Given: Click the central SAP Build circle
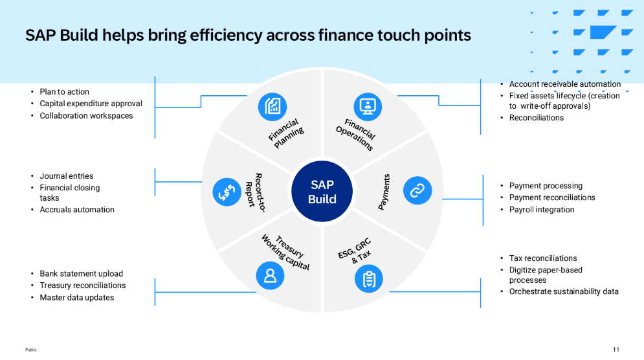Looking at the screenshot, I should [x=322, y=192].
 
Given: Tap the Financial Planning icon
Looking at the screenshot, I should [x=272, y=107].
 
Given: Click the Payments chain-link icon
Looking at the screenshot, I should [x=417, y=190].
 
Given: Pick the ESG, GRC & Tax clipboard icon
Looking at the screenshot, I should [x=369, y=278].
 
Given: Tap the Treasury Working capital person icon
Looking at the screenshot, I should [x=271, y=275].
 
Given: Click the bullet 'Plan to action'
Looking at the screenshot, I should [x=64, y=92].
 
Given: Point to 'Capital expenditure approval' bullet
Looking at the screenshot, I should [x=91, y=104].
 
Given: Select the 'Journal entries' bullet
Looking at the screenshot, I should [x=66, y=176].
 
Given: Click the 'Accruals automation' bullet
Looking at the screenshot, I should [x=76, y=210].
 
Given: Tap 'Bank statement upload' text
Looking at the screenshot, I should [x=81, y=274].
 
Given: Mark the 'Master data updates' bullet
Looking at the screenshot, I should [x=76, y=298].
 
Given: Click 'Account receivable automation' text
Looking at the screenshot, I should [x=564, y=84].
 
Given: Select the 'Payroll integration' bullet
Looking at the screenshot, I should [x=541, y=210].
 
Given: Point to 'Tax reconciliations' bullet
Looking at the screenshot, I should [x=542, y=258].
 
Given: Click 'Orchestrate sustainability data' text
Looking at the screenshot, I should [x=563, y=291].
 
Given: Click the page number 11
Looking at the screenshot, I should [x=616, y=350].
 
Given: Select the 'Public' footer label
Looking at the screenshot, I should [x=31, y=350].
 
